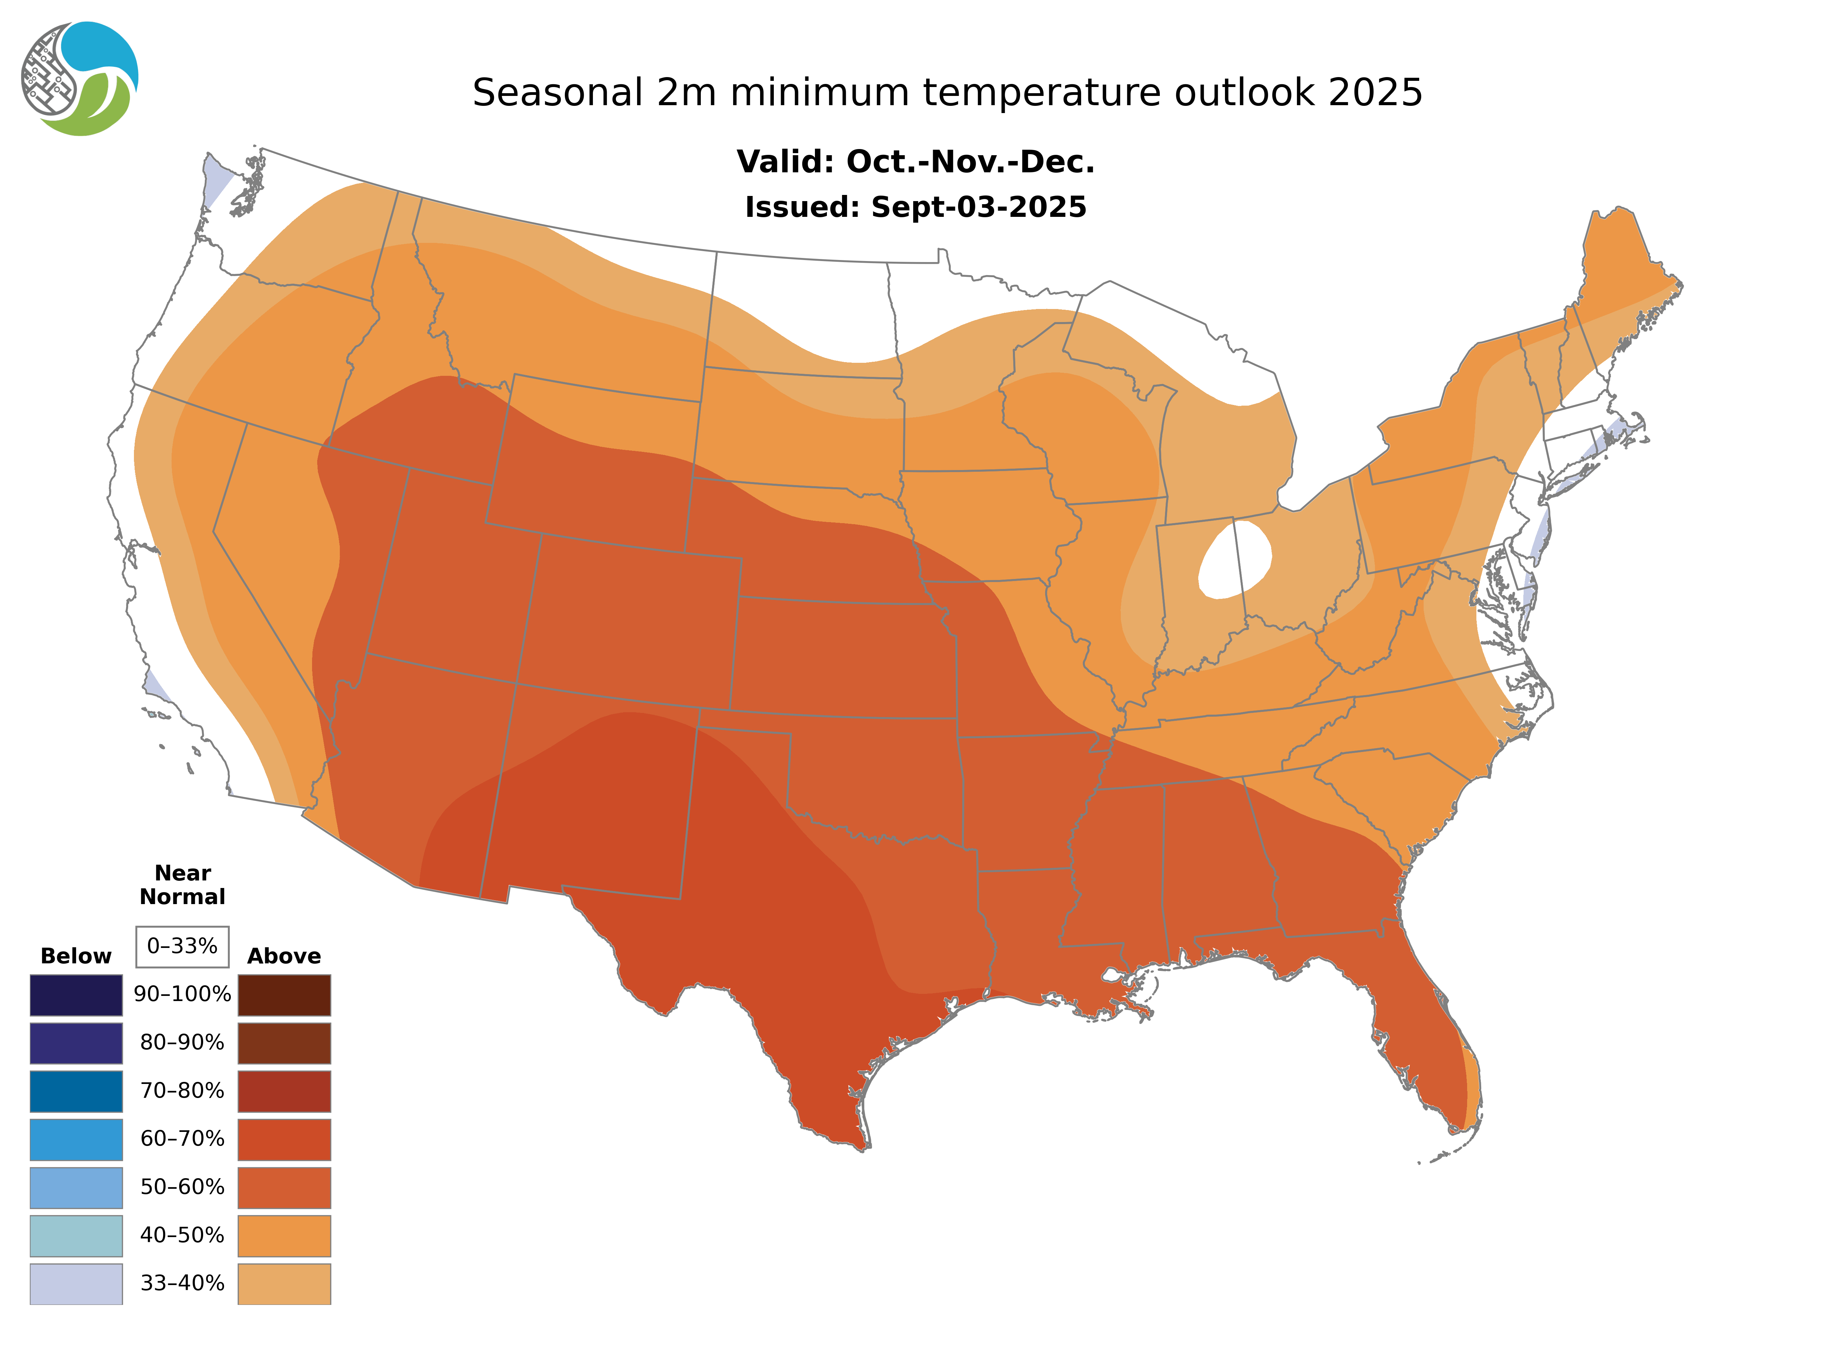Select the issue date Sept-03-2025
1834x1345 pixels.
(978, 208)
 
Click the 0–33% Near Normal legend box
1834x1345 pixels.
(182, 946)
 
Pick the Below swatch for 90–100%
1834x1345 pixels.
(76, 995)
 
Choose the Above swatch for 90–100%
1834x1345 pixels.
(284, 995)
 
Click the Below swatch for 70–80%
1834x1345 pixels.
(76, 1091)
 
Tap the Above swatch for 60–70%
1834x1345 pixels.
(284, 1139)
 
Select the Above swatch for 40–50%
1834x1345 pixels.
(284, 1235)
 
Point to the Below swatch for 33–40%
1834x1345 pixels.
(76, 1283)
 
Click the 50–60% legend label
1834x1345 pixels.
(182, 1187)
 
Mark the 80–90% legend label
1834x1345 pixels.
(182, 1043)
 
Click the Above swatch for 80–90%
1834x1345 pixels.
(284, 1043)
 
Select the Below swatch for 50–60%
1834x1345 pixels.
(76, 1187)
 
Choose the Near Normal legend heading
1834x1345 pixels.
(182, 885)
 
